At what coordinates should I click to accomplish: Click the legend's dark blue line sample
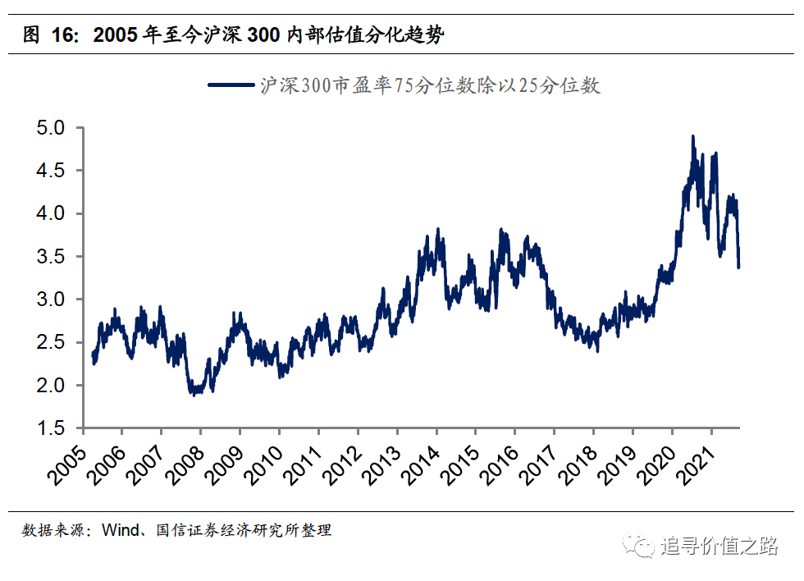pos(232,85)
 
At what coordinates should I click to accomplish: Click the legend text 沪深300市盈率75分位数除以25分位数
pos(430,85)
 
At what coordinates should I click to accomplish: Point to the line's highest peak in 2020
pos(693,137)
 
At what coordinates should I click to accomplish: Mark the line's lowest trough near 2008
pos(194,394)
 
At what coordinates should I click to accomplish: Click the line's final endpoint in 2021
pos(738,266)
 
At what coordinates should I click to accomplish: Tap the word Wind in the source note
pos(118,530)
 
